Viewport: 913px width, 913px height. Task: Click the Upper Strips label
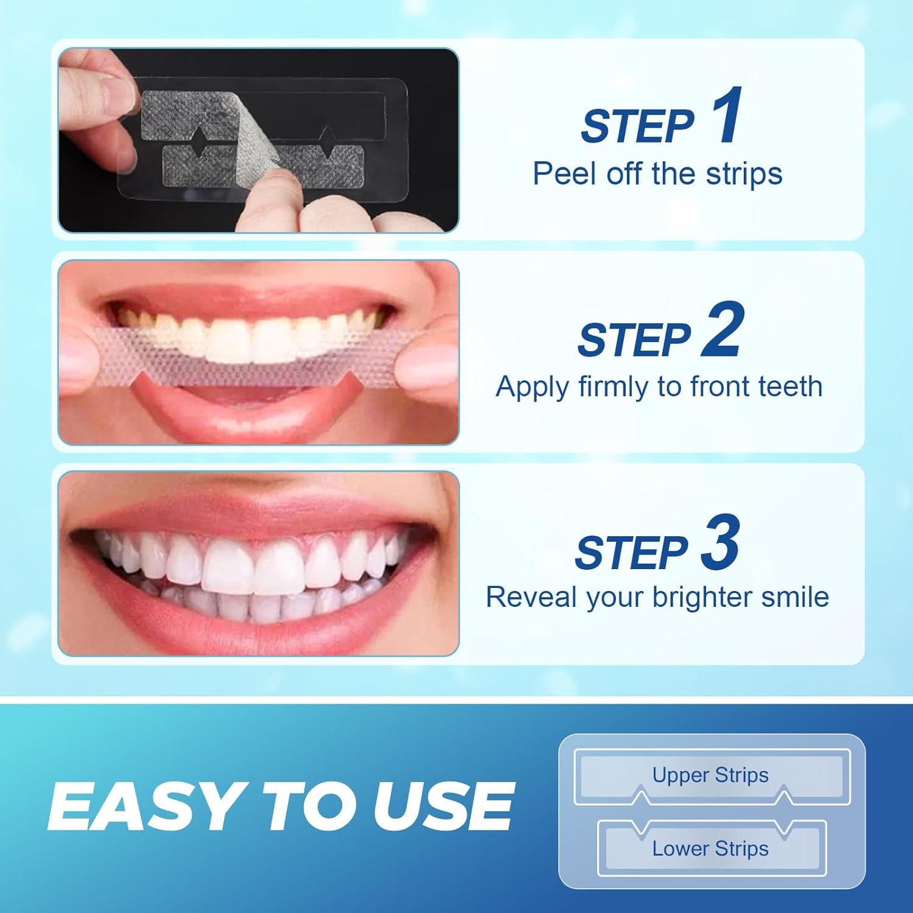[x=710, y=775]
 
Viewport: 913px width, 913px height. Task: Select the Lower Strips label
[x=710, y=848]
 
